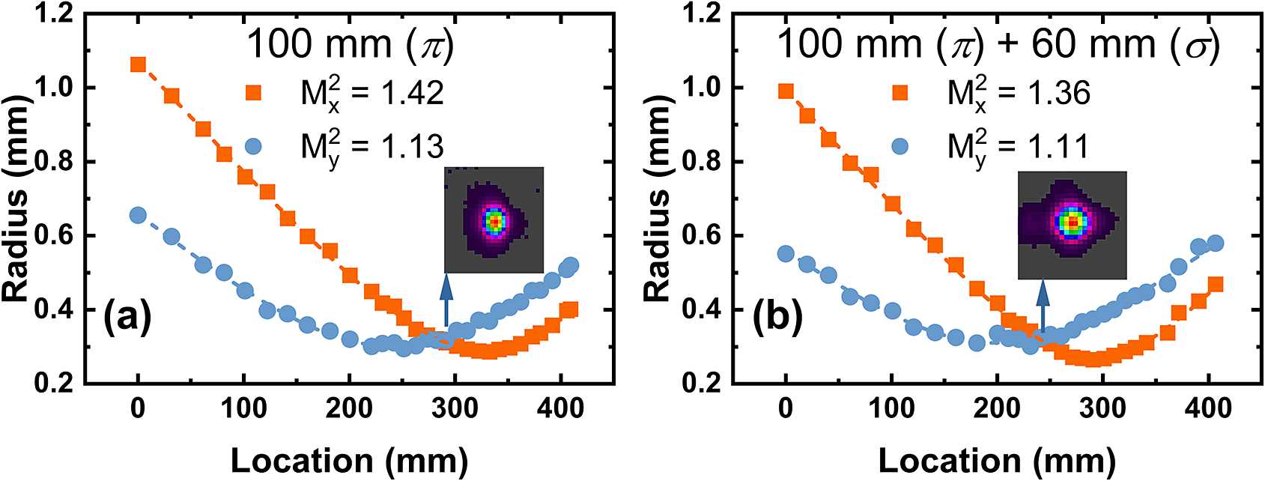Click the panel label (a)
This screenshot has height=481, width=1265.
[127, 316]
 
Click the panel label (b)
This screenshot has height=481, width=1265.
[777, 316]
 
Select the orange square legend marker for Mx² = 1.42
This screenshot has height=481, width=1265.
[254, 93]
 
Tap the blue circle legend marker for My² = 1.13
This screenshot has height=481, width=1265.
[254, 146]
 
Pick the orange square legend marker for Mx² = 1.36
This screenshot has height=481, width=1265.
[900, 93]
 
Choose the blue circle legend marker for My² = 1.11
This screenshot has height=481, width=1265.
[900, 146]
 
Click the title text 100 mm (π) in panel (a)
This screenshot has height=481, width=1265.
[351, 44]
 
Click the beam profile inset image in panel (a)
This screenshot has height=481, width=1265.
[494, 220]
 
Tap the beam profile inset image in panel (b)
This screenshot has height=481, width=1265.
[1072, 225]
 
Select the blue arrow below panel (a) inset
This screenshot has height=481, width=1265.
[447, 300]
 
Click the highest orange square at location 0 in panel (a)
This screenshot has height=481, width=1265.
[138, 64]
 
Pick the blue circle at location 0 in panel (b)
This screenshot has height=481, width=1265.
[786, 254]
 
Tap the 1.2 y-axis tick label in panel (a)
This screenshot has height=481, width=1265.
[55, 14]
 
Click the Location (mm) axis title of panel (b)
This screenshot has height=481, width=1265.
[997, 460]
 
